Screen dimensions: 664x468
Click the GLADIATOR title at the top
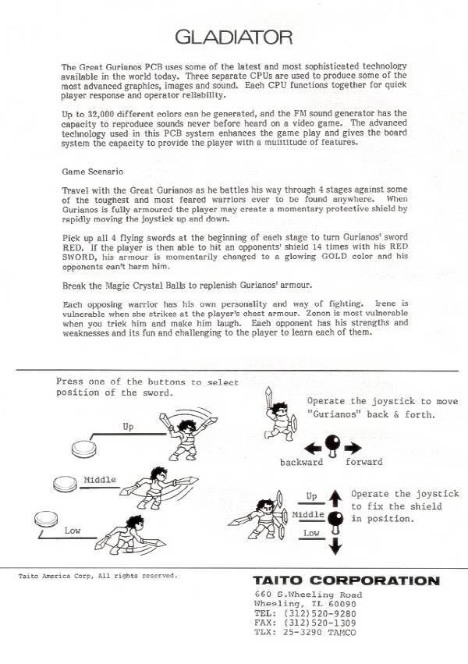[234, 37]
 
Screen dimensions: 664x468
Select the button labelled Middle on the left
[66, 485]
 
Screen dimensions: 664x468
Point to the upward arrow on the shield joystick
[335, 495]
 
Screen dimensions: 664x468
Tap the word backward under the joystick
[301, 462]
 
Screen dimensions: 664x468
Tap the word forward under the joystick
[363, 462]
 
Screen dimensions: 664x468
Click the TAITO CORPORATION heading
[346, 581]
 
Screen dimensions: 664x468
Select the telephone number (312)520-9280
[323, 613]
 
